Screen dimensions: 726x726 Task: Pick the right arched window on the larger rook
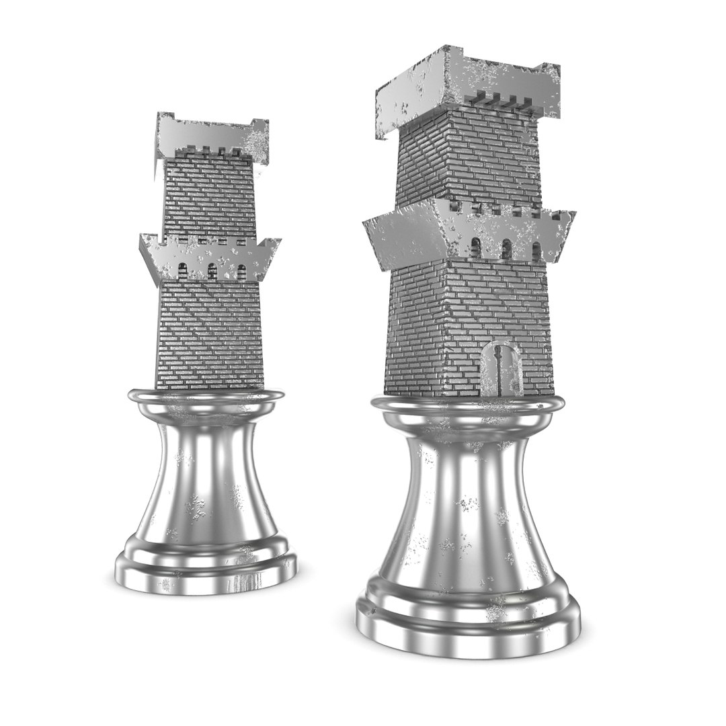(536, 251)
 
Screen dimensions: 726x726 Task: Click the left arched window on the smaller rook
(182, 271)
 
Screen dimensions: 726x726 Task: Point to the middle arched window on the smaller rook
(212, 272)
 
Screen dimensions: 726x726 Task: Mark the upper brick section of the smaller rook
(210, 195)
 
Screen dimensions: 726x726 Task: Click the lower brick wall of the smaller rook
(210, 333)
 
